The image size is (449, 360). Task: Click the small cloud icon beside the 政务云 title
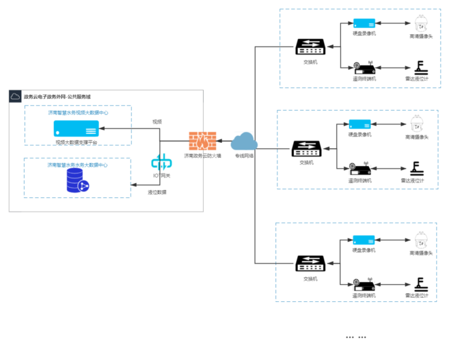[x=16, y=96]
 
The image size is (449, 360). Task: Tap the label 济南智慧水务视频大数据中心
[x=77, y=112]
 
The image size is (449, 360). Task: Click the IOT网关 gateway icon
[x=161, y=164]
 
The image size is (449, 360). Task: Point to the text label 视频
[x=157, y=121]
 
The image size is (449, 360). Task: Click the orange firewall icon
[x=202, y=142]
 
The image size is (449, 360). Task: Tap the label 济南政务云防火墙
[x=202, y=156]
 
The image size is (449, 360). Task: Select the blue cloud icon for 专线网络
[x=244, y=142]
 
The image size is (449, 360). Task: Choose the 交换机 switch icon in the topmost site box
[x=310, y=47]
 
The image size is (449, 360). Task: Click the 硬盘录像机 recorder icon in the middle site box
[x=359, y=124]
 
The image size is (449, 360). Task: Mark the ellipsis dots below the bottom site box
[x=355, y=337]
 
